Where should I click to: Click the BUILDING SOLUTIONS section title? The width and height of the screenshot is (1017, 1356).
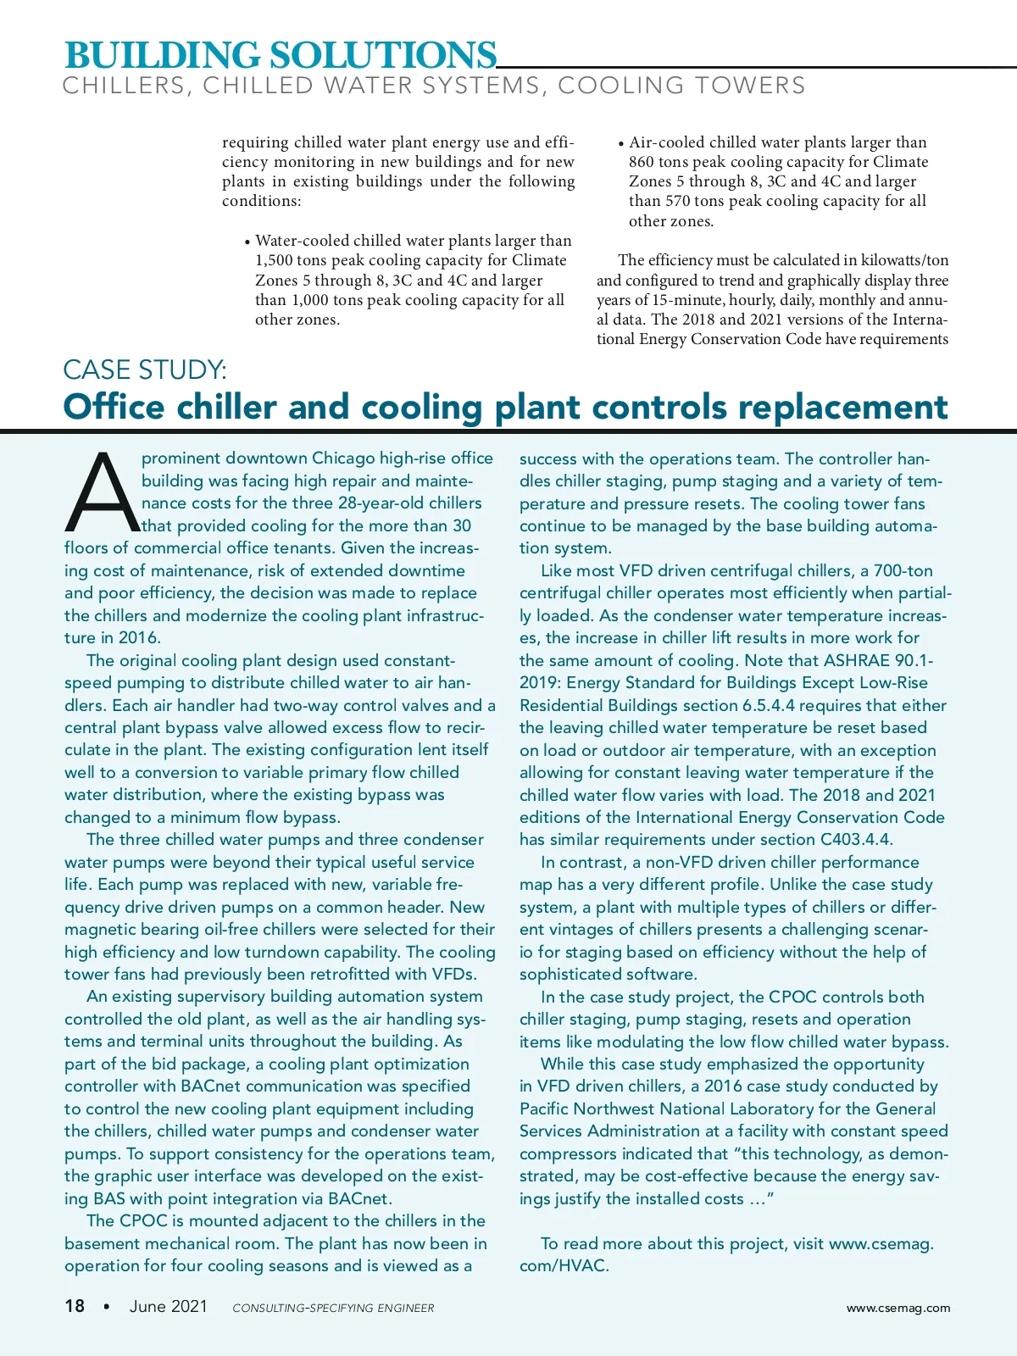(281, 55)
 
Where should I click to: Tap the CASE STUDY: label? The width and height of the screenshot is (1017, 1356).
(145, 370)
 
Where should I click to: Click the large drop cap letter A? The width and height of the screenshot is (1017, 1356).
(102, 492)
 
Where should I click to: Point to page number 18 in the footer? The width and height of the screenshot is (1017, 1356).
(75, 1306)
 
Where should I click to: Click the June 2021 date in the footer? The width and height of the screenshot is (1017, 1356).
(169, 1306)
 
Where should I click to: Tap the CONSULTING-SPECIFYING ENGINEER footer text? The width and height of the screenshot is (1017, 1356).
(333, 1308)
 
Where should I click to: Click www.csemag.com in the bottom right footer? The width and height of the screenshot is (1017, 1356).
(898, 1308)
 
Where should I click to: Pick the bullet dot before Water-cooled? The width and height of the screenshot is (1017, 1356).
(247, 242)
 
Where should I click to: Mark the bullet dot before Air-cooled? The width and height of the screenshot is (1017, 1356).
(620, 144)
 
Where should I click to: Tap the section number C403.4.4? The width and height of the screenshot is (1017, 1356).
(856, 840)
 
